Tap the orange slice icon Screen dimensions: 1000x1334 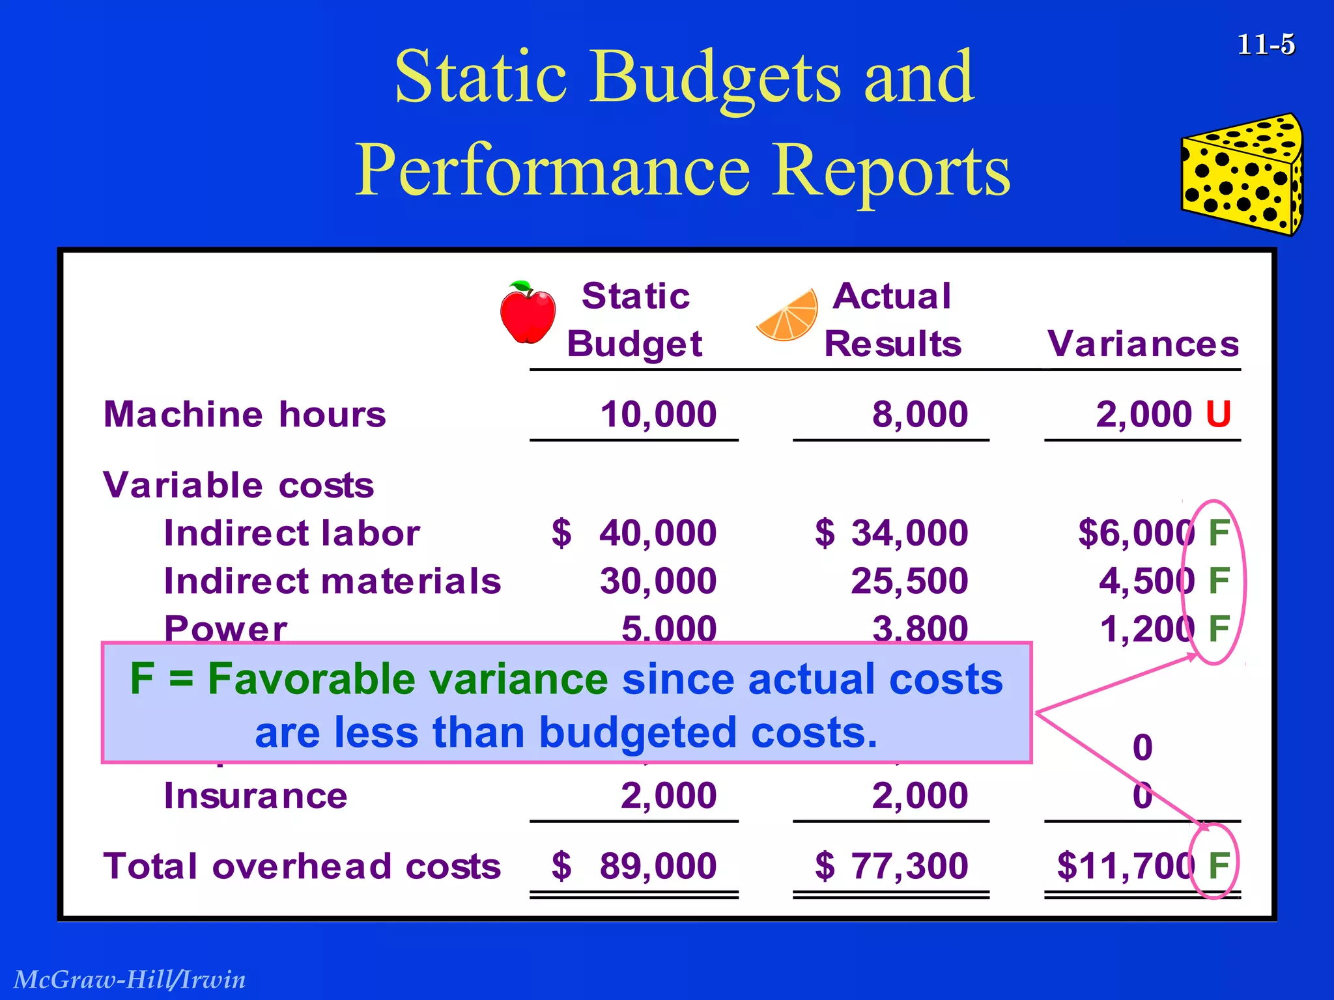[x=789, y=316]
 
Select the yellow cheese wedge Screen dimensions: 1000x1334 [x=1242, y=174]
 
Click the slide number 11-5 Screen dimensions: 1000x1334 [x=1266, y=45]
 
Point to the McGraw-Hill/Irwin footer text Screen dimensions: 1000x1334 [x=130, y=979]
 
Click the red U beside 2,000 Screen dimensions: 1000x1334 [x=1217, y=415]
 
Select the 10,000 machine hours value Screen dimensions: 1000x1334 [x=658, y=415]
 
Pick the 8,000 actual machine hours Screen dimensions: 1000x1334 [x=920, y=415]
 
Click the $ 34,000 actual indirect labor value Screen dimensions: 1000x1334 [x=891, y=533]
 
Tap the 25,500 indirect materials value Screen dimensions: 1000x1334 [x=909, y=581]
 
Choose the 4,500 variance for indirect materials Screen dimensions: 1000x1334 [x=1146, y=581]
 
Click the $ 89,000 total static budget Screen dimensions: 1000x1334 [x=634, y=867]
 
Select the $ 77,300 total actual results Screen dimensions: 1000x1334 [x=891, y=867]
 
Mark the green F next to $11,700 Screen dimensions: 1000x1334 [x=1218, y=867]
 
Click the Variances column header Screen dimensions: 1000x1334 [x=1143, y=344]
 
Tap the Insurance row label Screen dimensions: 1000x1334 [x=255, y=796]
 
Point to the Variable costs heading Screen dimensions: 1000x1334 [x=238, y=486]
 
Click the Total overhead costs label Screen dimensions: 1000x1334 [x=302, y=867]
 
